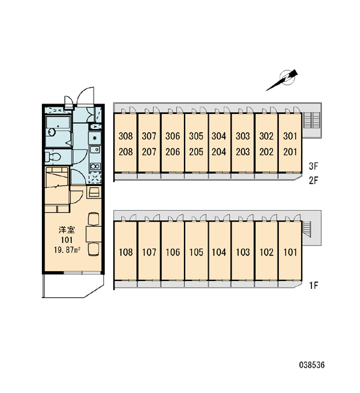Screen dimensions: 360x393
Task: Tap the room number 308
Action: [126, 136]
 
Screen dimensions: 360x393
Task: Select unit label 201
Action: [290, 152]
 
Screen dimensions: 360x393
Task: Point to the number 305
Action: [196, 136]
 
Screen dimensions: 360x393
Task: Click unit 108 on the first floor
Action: [126, 252]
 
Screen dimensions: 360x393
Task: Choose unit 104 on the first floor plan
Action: [219, 252]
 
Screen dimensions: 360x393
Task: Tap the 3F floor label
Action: [314, 166]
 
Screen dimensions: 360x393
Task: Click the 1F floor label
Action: [314, 285]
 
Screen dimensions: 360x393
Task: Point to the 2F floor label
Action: [314, 180]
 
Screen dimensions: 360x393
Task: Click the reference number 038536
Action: [312, 365]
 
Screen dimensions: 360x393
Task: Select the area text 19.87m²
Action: [67, 250]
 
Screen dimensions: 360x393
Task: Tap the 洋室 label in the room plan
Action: [67, 230]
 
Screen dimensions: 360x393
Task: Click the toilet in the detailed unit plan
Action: [53, 157]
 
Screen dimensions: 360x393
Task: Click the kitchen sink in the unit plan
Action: [95, 150]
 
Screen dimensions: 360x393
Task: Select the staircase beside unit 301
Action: [312, 120]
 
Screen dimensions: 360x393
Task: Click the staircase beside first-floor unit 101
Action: [307, 229]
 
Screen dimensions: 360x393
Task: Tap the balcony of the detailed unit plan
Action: [73, 286]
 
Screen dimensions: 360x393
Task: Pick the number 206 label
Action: [173, 152]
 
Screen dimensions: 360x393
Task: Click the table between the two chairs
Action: [94, 234]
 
